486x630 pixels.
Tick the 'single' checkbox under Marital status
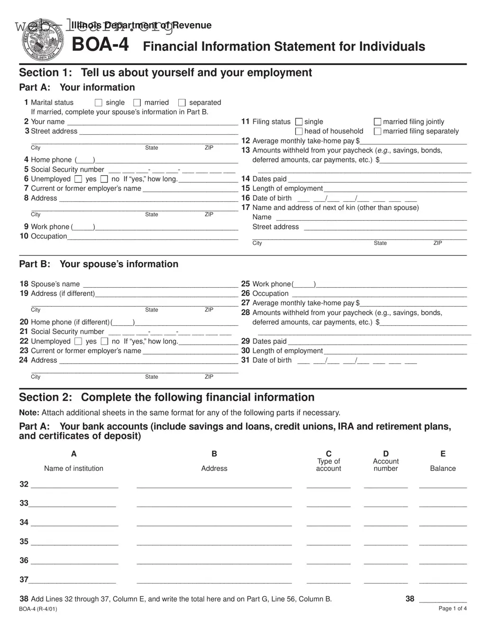[x=99, y=103]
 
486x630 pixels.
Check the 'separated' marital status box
[x=182, y=103]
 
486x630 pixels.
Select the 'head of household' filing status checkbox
[x=299, y=132]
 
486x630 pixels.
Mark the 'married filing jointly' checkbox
[x=377, y=122]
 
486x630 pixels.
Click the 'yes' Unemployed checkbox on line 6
[x=78, y=179]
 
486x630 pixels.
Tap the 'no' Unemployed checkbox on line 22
[x=104, y=341]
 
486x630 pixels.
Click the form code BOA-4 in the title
[x=100, y=46]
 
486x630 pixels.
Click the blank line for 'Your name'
[x=152, y=122]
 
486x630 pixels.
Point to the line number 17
[x=245, y=207]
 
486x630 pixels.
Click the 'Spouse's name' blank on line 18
[x=160, y=284]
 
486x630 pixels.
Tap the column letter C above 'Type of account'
[x=329, y=454]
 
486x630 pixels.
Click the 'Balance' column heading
[x=442, y=469]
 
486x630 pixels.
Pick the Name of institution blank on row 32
[x=74, y=485]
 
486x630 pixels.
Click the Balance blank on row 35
[x=442, y=542]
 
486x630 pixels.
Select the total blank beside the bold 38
[x=442, y=600]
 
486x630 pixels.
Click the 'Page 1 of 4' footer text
[x=452, y=609]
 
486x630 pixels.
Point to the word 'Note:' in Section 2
[x=29, y=413]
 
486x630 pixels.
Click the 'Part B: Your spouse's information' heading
[x=99, y=264]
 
